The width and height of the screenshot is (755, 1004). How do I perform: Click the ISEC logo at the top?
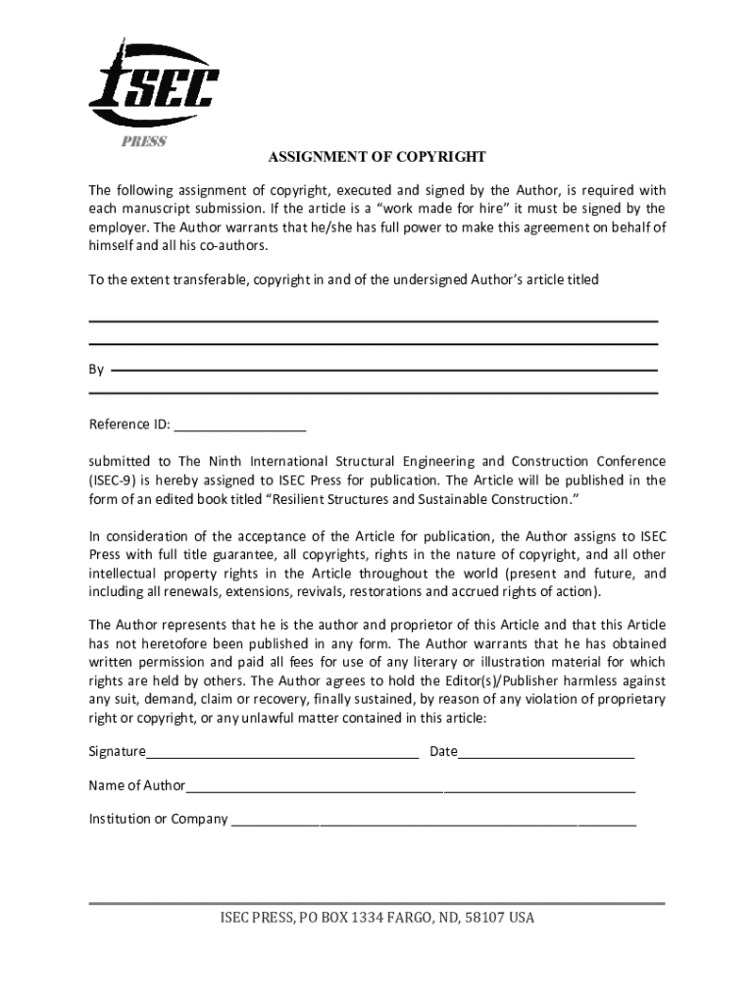153,89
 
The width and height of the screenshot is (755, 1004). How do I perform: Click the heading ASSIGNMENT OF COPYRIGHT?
377,157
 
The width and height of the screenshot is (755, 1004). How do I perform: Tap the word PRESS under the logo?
144,141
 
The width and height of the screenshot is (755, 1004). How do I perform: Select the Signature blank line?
282,754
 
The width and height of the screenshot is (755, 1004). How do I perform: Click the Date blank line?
546,754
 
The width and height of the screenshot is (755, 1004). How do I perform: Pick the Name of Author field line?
411,787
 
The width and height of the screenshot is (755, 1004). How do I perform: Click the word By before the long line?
96,370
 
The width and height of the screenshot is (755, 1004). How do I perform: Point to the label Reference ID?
129,425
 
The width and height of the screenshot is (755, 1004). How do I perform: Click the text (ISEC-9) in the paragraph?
115,480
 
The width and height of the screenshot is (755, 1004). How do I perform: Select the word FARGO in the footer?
411,919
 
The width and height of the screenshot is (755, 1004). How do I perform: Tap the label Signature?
117,752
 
